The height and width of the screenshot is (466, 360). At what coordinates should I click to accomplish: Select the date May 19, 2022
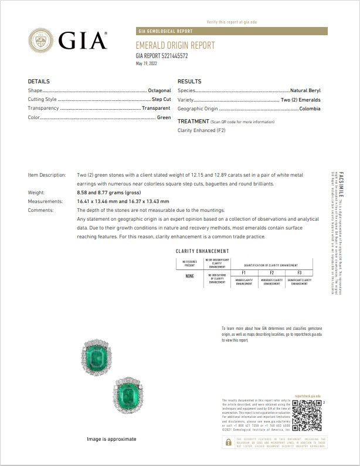coord(147,63)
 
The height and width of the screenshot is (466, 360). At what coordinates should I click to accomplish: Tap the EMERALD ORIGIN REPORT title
coord(175,45)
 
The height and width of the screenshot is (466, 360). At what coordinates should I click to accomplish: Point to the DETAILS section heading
coord(39,82)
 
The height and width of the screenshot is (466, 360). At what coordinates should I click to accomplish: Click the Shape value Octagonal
coord(159,91)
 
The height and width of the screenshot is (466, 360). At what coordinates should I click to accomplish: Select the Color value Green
coord(164,117)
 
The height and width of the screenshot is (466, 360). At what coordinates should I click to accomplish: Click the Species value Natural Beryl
coord(304,91)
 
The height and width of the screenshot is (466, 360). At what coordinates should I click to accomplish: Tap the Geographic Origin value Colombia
coord(309,109)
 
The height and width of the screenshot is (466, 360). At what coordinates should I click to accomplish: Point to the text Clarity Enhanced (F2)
coord(201,130)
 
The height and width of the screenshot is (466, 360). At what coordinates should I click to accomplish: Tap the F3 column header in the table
coord(299,272)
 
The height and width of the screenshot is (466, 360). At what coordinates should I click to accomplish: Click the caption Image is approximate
coord(111,439)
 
